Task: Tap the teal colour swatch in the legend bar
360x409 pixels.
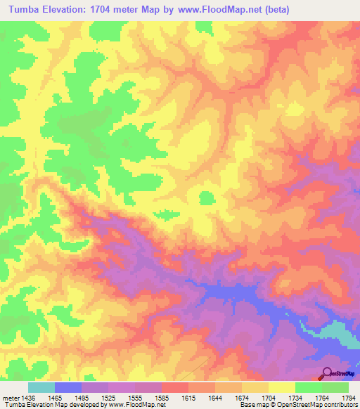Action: (x=41, y=387)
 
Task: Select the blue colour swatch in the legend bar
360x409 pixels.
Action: (x=67, y=387)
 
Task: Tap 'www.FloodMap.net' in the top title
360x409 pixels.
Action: (x=214, y=10)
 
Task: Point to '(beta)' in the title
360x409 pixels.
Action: (x=274, y=10)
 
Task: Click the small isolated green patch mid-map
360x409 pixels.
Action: (x=207, y=197)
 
